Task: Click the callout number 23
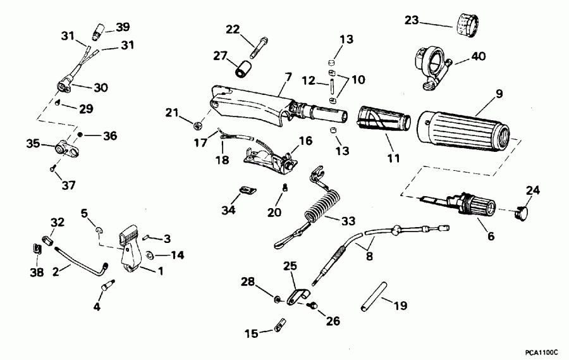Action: [x=410, y=22]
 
